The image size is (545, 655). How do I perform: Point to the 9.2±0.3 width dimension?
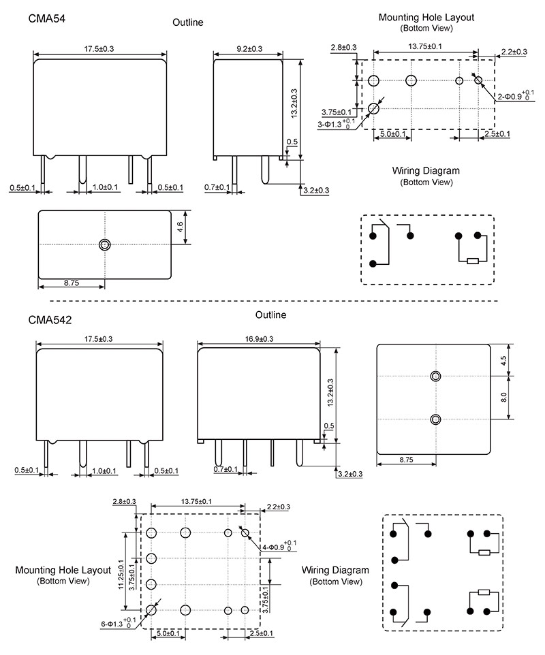point(249,49)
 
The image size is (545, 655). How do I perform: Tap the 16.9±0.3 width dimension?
point(258,338)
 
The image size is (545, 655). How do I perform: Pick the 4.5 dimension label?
point(504,360)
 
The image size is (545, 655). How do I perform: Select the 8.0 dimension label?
point(504,397)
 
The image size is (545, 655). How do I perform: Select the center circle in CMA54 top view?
point(104,244)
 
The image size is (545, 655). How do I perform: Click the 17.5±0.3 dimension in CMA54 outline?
point(99,49)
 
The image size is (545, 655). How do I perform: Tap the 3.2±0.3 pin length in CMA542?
point(349,473)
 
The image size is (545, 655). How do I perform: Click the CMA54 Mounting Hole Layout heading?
point(426,17)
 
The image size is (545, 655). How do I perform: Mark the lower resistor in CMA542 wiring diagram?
point(484,592)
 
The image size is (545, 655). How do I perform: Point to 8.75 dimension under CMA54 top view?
point(71,281)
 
